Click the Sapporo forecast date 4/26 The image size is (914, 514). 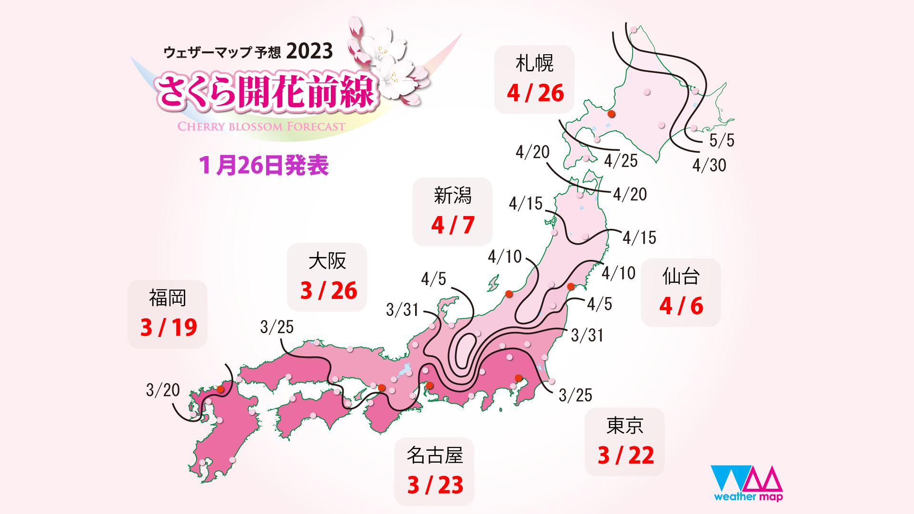tap(535, 93)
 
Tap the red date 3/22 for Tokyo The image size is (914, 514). tap(626, 455)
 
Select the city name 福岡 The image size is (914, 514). tap(167, 298)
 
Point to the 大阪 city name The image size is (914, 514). tap(327, 261)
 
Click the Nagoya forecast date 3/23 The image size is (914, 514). tap(435, 485)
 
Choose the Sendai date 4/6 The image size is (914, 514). tap(681, 306)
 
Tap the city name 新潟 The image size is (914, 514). tap(452, 196)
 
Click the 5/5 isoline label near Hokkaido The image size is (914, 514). tap(722, 140)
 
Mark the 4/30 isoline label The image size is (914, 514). tap(709, 165)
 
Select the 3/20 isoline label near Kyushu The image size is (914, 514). tap(163, 390)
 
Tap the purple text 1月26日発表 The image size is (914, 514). tap(264, 166)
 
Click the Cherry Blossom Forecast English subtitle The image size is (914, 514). tap(261, 127)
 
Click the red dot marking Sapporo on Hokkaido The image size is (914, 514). tap(612, 114)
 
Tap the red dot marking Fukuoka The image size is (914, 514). tap(220, 389)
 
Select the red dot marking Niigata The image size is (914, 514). tap(509, 294)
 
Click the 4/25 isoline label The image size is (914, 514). tap(621, 161)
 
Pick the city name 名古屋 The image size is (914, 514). tap(435, 455)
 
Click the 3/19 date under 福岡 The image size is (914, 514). tap(169, 327)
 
